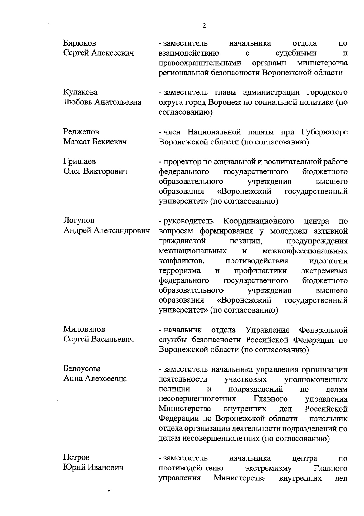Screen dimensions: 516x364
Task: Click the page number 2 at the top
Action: point(204,26)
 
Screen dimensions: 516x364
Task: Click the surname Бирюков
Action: point(79,43)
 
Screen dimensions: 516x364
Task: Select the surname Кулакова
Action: point(80,92)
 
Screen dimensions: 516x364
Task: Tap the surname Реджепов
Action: point(81,132)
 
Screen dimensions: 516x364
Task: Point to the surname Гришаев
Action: point(79,161)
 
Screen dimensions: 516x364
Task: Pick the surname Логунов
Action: point(79,221)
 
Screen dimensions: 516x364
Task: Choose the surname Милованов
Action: point(84,329)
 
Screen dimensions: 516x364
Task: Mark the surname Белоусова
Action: point(82,369)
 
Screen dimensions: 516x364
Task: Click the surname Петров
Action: point(76,457)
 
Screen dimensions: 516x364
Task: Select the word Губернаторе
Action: point(325,132)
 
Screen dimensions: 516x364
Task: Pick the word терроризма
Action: point(180,270)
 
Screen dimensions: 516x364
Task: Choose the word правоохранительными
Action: point(200,63)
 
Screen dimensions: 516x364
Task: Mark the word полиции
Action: point(174,389)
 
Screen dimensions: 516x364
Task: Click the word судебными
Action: point(296,53)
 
